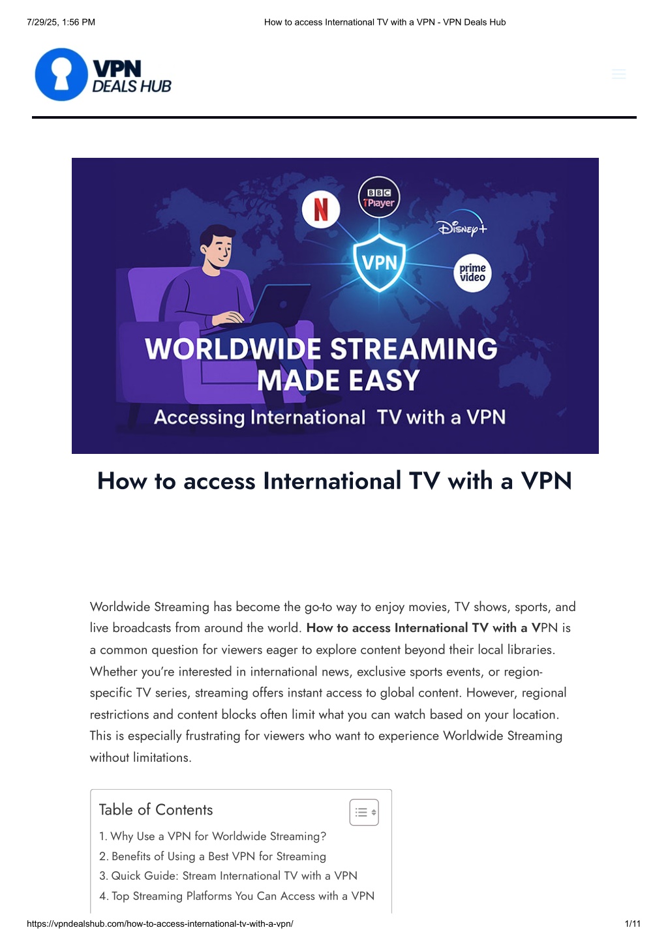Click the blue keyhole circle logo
61,74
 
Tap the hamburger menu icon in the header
618,74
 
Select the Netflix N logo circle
321,209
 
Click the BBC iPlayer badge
379,198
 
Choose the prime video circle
472,273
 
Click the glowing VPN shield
380,262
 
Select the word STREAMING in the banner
414,349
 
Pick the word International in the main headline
331,481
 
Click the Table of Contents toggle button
364,812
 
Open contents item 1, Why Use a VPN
213,836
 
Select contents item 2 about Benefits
213,856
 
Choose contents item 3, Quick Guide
228,876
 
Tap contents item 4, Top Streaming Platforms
237,896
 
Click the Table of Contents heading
156,809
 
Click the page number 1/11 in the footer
632,923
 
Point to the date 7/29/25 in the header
42,22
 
